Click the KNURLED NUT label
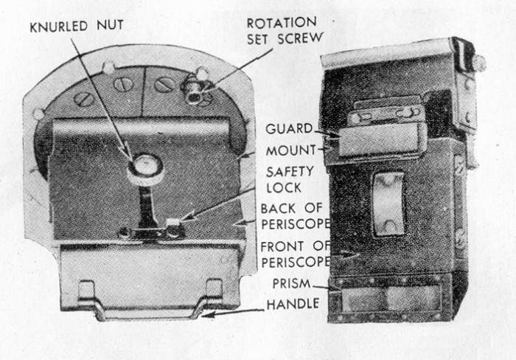[77, 26]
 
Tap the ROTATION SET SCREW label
[285, 31]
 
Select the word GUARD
[289, 129]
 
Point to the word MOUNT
[291, 150]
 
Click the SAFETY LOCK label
[285, 179]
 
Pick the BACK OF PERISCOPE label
[295, 216]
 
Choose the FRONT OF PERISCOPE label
[296, 254]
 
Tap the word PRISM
[292, 283]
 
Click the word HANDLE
[293, 304]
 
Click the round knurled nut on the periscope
[145, 168]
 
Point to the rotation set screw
[194, 93]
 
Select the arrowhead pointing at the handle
[207, 315]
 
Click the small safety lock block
[174, 227]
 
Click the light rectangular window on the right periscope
[388, 204]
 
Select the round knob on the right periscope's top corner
[479, 63]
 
